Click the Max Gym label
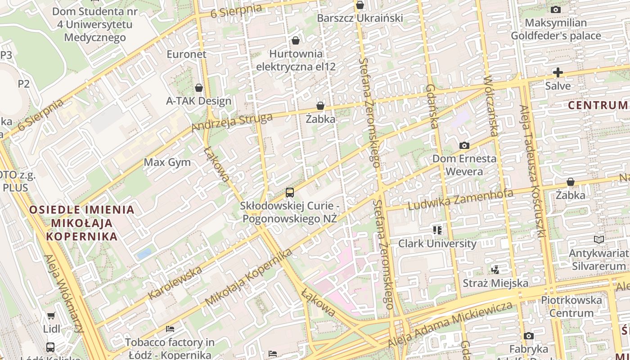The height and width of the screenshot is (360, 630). pyautogui.click(x=167, y=162)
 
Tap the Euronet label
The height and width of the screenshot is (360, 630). pyautogui.click(x=186, y=54)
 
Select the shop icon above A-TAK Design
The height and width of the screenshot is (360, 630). pyautogui.click(x=199, y=87)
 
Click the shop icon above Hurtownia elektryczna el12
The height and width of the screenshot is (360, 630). pyautogui.click(x=296, y=40)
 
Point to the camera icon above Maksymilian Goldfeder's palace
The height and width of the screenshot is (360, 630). pyautogui.click(x=556, y=9)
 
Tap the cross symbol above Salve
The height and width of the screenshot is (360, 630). pyautogui.click(x=558, y=72)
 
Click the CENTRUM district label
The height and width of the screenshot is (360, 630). pyautogui.click(x=598, y=105)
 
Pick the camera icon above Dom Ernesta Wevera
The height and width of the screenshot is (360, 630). pyautogui.click(x=464, y=145)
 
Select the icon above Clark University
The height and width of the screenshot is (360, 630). pyautogui.click(x=437, y=230)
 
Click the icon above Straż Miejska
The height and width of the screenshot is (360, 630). pyautogui.click(x=495, y=270)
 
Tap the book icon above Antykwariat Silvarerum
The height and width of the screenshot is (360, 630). pyautogui.click(x=598, y=240)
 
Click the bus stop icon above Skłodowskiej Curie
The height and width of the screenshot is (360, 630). pyautogui.click(x=290, y=193)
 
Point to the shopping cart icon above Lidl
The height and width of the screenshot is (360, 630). pyautogui.click(x=51, y=315)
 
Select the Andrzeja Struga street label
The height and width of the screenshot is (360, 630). pyautogui.click(x=232, y=123)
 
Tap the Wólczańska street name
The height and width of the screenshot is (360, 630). pyautogui.click(x=491, y=106)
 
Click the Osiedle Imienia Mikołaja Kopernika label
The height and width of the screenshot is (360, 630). pyautogui.click(x=82, y=223)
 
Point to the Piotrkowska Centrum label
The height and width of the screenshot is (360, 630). pyautogui.click(x=571, y=306)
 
